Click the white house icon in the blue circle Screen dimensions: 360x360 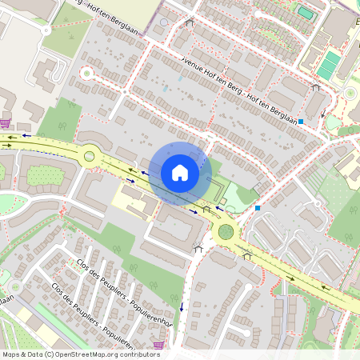[x=179, y=172]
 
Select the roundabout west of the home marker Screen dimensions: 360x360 [x=89, y=156]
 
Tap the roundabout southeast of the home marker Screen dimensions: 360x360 [x=226, y=233]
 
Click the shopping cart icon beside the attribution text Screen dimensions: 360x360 [x=158, y=345]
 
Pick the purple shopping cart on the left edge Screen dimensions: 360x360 [x=6, y=123]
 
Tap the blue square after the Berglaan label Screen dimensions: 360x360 [x=302, y=122]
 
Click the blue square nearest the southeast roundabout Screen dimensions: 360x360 [x=258, y=208]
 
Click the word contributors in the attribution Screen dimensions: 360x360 [x=139, y=354]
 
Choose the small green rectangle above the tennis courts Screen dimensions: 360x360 [x=305, y=12]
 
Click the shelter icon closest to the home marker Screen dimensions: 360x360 [x=206, y=209]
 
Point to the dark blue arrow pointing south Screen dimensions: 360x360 [x=182, y=307]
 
